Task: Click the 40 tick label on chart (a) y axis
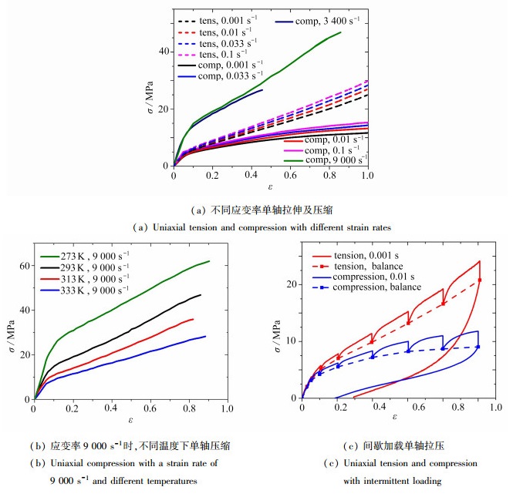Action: (x=162, y=52)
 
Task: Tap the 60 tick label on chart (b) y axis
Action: (x=23, y=266)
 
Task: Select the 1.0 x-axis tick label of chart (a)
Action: (x=367, y=175)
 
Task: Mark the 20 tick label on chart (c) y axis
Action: (x=291, y=284)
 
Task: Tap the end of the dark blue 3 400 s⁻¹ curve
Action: (x=262, y=90)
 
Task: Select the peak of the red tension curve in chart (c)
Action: (x=479, y=261)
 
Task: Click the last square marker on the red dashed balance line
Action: (x=478, y=280)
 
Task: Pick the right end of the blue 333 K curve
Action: (x=205, y=336)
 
